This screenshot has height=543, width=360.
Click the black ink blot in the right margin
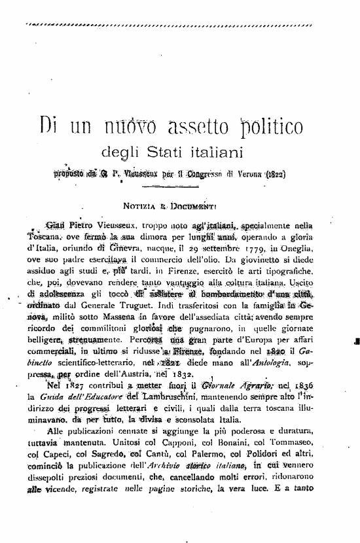point(356,340)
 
